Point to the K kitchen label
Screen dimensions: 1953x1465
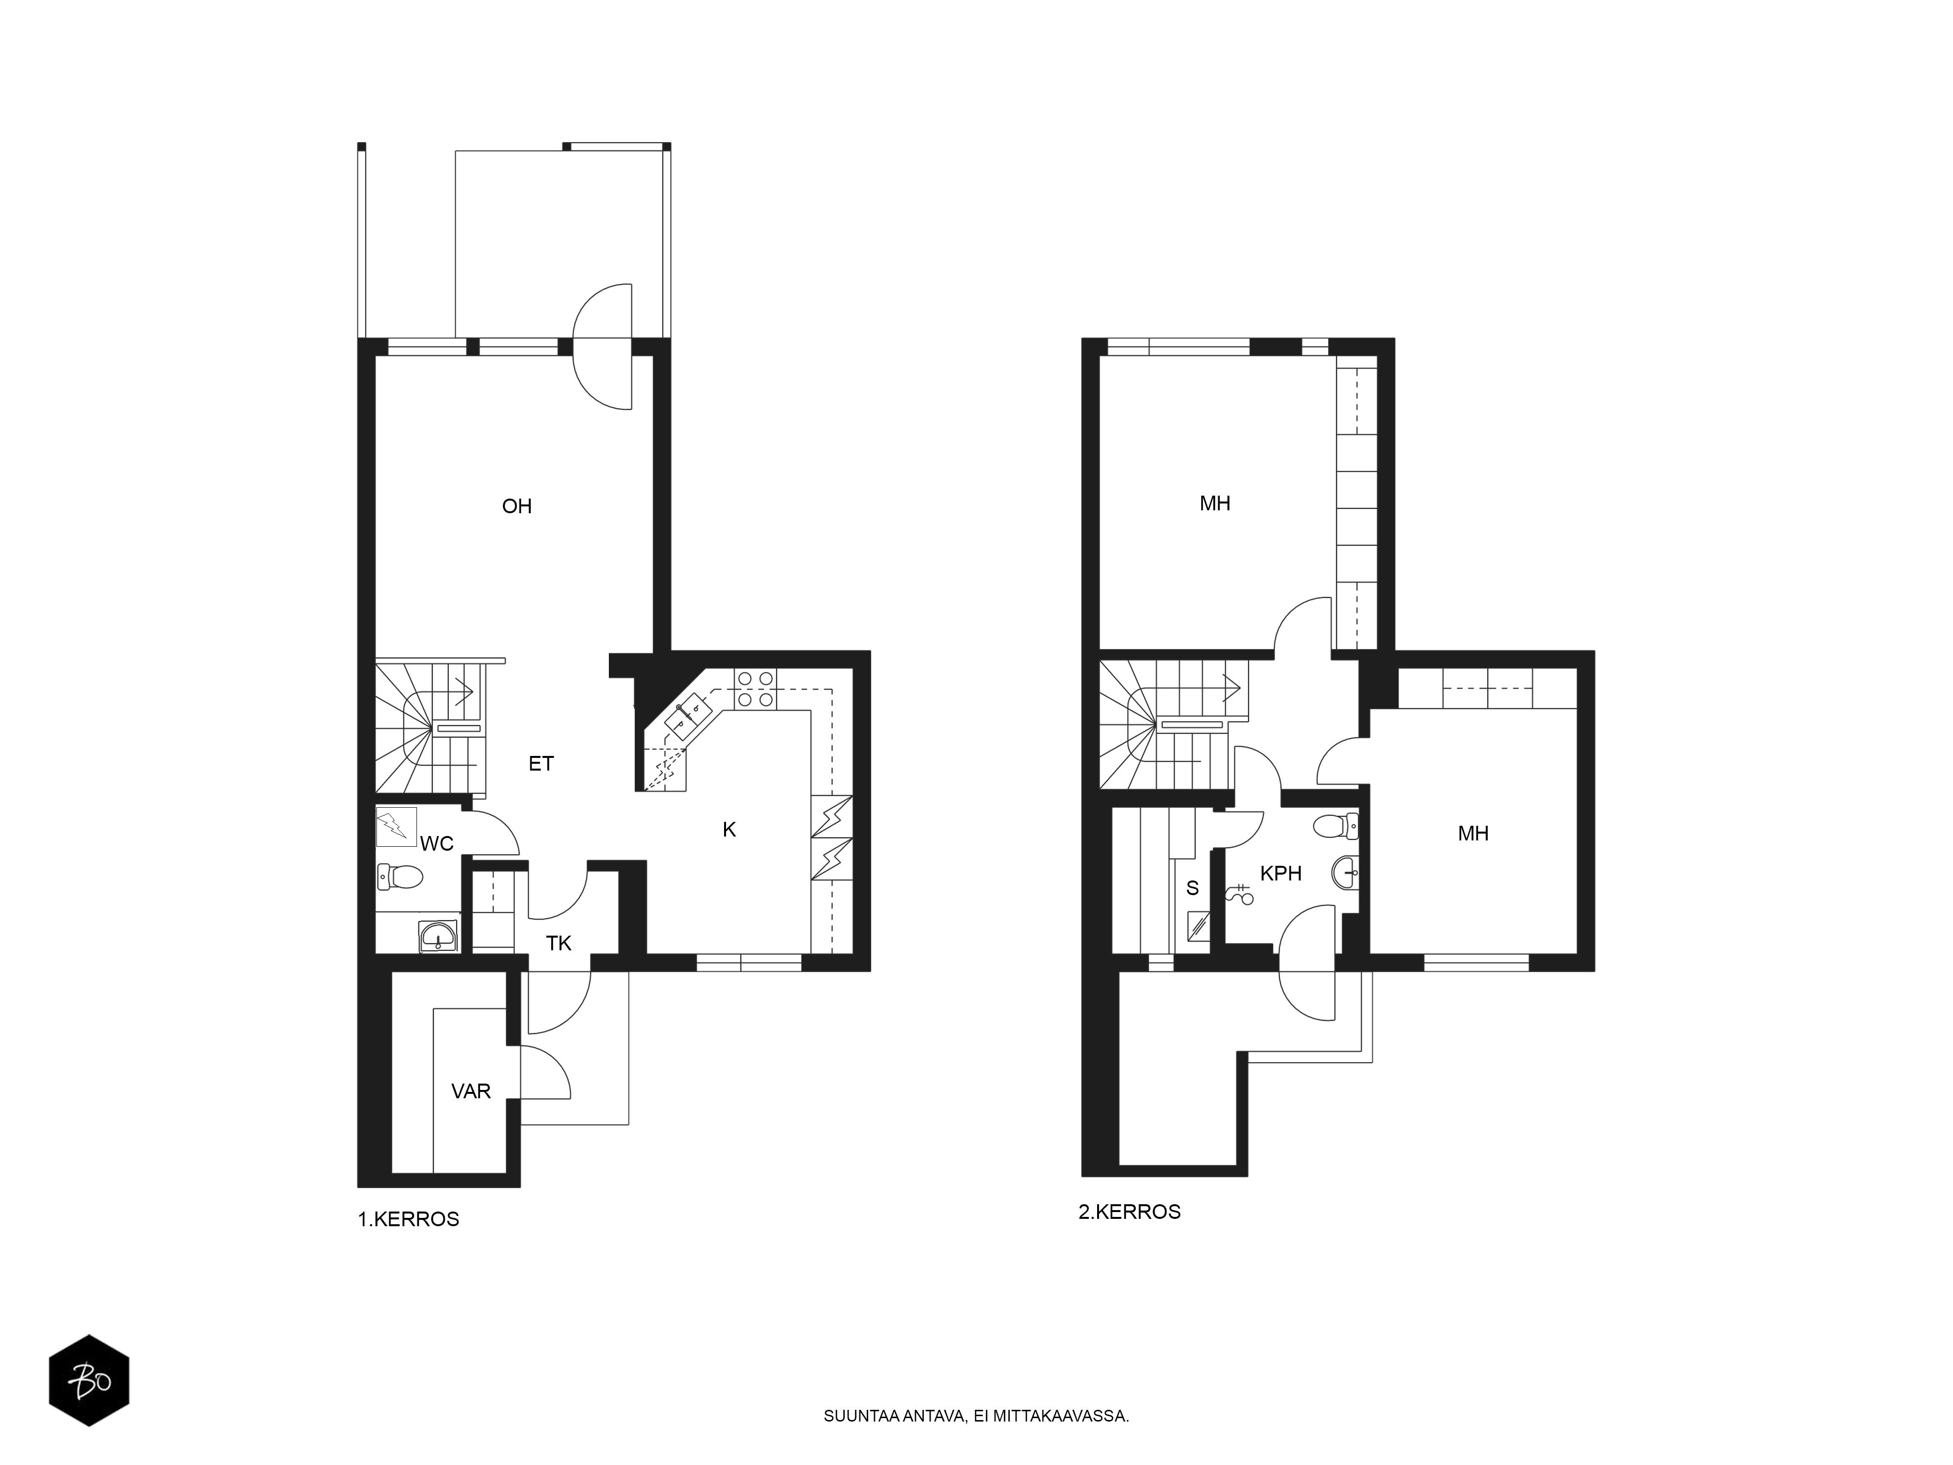pyautogui.click(x=729, y=829)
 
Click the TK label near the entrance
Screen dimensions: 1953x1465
pyautogui.click(x=559, y=943)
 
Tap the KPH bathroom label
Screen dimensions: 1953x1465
pyautogui.click(x=1281, y=873)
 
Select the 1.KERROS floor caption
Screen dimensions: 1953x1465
pyautogui.click(x=408, y=1219)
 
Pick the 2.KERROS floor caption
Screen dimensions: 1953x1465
pyautogui.click(x=1129, y=1212)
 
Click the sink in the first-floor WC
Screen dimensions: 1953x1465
pyautogui.click(x=439, y=935)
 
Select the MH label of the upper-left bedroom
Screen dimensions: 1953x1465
pyautogui.click(x=1215, y=503)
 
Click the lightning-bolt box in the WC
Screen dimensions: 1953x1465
pyautogui.click(x=396, y=827)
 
